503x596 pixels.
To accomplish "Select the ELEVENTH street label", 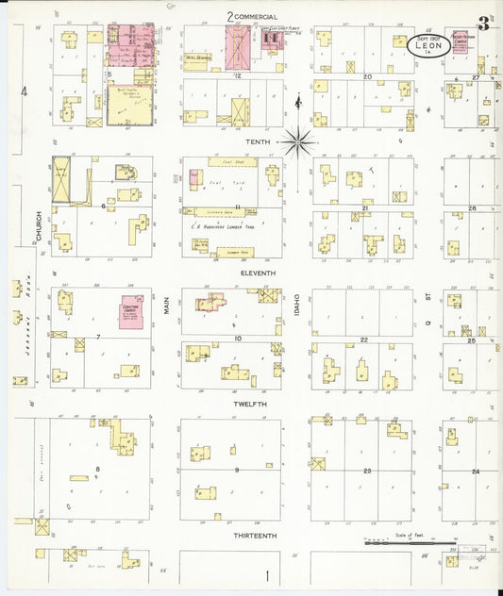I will pyautogui.click(x=258, y=273).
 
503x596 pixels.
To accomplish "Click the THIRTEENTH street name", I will pyautogui.click(x=256, y=535).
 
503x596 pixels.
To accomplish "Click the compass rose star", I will pyautogui.click(x=298, y=142).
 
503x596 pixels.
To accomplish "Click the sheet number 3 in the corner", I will pyautogui.click(x=482, y=24).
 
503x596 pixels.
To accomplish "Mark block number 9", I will pyautogui.click(x=237, y=469).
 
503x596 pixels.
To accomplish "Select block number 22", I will pyautogui.click(x=363, y=339).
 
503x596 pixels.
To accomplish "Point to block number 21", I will pyautogui.click(x=363, y=207).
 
